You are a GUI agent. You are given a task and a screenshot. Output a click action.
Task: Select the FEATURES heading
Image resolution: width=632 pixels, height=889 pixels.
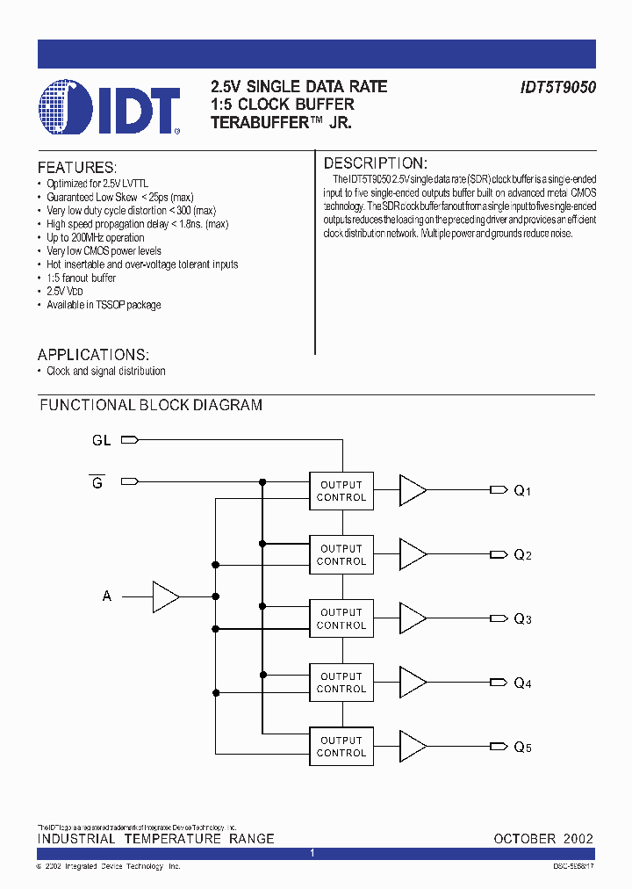[x=76, y=168]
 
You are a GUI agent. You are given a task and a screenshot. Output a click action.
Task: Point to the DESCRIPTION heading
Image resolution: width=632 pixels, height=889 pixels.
[x=375, y=163]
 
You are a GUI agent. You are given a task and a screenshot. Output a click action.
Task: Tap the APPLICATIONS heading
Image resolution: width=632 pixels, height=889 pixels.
[x=93, y=355]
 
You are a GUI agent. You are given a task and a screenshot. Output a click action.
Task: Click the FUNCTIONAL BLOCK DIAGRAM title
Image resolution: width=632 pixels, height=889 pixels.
[x=151, y=405]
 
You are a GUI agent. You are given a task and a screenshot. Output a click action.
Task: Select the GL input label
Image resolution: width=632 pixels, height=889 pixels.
[x=102, y=440]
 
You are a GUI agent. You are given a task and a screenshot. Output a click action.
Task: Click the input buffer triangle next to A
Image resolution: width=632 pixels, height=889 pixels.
[x=165, y=596]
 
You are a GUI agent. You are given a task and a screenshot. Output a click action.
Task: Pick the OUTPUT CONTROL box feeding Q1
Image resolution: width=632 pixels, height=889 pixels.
[x=341, y=491]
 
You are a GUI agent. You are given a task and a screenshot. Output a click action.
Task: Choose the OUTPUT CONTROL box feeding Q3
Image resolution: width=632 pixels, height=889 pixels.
[x=341, y=618]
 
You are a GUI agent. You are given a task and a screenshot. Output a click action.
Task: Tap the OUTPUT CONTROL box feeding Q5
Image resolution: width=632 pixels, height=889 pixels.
[x=341, y=747]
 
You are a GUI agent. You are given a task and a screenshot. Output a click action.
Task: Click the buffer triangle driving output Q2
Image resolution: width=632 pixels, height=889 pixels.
[x=413, y=554]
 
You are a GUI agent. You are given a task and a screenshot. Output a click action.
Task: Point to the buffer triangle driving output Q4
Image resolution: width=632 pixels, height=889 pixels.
[x=413, y=683]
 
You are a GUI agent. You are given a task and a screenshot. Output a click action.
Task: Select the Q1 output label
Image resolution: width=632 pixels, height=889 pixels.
[x=522, y=491]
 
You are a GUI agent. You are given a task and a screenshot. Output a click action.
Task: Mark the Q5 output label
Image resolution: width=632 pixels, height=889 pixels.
[x=522, y=748]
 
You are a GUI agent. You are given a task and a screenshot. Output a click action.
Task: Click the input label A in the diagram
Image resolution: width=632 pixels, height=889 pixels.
[x=107, y=596]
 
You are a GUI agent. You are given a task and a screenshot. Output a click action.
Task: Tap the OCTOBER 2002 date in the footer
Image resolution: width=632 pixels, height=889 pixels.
[x=543, y=839]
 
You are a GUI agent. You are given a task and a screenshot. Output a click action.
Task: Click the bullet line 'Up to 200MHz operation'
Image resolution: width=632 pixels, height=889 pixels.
[x=96, y=237]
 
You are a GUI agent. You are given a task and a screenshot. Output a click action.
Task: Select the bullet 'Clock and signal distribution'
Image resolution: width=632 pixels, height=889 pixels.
[x=105, y=372]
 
